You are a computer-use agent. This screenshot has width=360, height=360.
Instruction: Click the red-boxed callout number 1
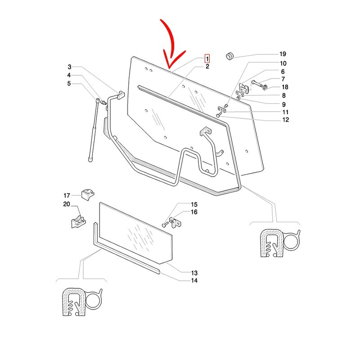coord(207,58)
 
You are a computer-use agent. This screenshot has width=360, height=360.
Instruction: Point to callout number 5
coord(69,83)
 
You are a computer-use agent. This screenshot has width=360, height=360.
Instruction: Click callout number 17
coord(67,195)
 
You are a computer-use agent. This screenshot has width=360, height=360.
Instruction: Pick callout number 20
coord(67,204)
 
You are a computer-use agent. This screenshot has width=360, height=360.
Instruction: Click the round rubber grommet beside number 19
coord(230,55)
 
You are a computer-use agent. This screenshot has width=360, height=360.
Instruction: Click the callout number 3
coord(69,67)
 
